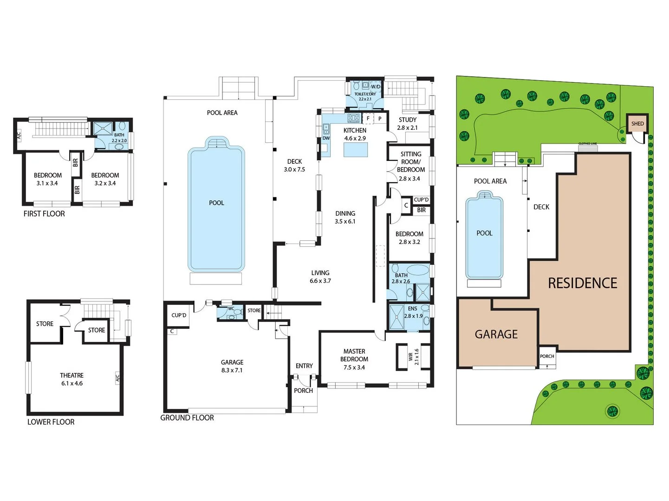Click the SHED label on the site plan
pos(637,123)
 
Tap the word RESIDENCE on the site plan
pos(582,283)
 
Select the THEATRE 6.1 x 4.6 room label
pos(72,379)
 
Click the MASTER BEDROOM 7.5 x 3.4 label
pos(354,359)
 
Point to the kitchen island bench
pos(356,150)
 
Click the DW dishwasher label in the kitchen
pos(326,138)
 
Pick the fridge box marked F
pos(368,119)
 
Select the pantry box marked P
pos(380,119)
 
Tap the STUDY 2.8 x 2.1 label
pos(407,123)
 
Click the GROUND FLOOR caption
pos(187,417)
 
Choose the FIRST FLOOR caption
pos(44,213)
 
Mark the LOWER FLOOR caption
pos(51,422)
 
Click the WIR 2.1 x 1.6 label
pos(413,357)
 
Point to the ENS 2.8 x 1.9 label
pos(413,312)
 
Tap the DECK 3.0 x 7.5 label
pos(294,165)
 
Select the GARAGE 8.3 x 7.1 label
pos(232,366)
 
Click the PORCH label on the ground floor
pos(303,391)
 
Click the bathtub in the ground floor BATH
pos(417,270)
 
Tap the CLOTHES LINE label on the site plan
pos(587,144)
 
